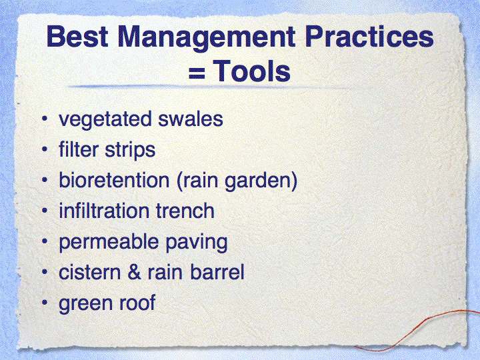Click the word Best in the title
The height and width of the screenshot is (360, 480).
pos(77,37)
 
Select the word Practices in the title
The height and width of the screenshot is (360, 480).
pos(369,37)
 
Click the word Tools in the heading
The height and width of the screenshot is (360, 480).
pos(251,71)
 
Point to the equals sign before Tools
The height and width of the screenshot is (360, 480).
pos(197,74)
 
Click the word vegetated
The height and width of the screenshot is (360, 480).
pos(105,120)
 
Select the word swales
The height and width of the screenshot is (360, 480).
pos(191,119)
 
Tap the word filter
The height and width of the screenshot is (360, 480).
pos(79,149)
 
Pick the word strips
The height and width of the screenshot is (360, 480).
pos(130,151)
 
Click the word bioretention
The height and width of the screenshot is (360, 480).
pos(114,180)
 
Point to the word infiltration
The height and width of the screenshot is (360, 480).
pos(104,211)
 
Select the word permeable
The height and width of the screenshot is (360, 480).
pos(109,243)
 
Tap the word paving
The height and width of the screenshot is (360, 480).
pos(197,243)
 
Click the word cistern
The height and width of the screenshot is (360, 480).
pos(90,272)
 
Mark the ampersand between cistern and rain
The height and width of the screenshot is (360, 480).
pos(135,272)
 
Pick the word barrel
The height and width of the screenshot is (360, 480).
pos(217,272)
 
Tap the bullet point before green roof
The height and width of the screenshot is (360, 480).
pos(45,303)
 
